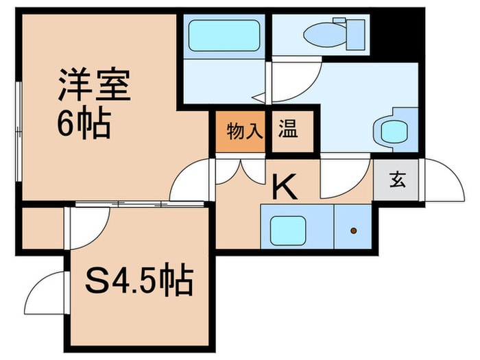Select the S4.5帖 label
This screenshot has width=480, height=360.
[139, 280]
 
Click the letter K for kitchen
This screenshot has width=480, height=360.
[285, 187]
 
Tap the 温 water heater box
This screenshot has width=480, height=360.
[287, 130]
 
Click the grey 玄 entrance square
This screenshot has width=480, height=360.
[397, 180]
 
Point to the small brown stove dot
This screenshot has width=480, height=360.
[354, 231]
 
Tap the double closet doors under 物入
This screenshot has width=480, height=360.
[240, 171]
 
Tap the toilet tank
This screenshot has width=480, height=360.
[355, 31]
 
